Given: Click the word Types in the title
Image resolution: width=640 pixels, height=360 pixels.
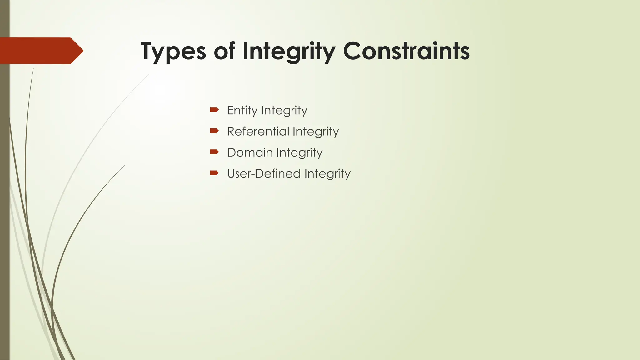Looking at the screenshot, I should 173,52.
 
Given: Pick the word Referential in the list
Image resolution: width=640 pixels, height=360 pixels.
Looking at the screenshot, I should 258,131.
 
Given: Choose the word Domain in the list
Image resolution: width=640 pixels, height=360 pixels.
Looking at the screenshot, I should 250,152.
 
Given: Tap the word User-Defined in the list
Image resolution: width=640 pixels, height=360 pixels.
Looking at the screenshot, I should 264,173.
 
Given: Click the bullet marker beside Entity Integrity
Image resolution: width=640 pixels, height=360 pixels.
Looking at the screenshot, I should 214,109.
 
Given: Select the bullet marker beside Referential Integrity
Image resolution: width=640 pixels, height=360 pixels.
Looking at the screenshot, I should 214,131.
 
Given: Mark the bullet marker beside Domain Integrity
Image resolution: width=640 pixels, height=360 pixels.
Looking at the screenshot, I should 214,152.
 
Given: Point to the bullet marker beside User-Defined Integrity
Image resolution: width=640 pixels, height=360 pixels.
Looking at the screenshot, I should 214,173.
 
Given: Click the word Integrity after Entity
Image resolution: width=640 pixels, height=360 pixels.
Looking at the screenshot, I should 284,111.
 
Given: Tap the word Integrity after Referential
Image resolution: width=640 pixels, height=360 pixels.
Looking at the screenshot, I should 316,132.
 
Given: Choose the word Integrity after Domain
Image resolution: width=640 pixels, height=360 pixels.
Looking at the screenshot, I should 299,153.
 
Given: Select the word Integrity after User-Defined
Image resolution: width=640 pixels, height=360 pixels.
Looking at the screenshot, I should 327,174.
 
